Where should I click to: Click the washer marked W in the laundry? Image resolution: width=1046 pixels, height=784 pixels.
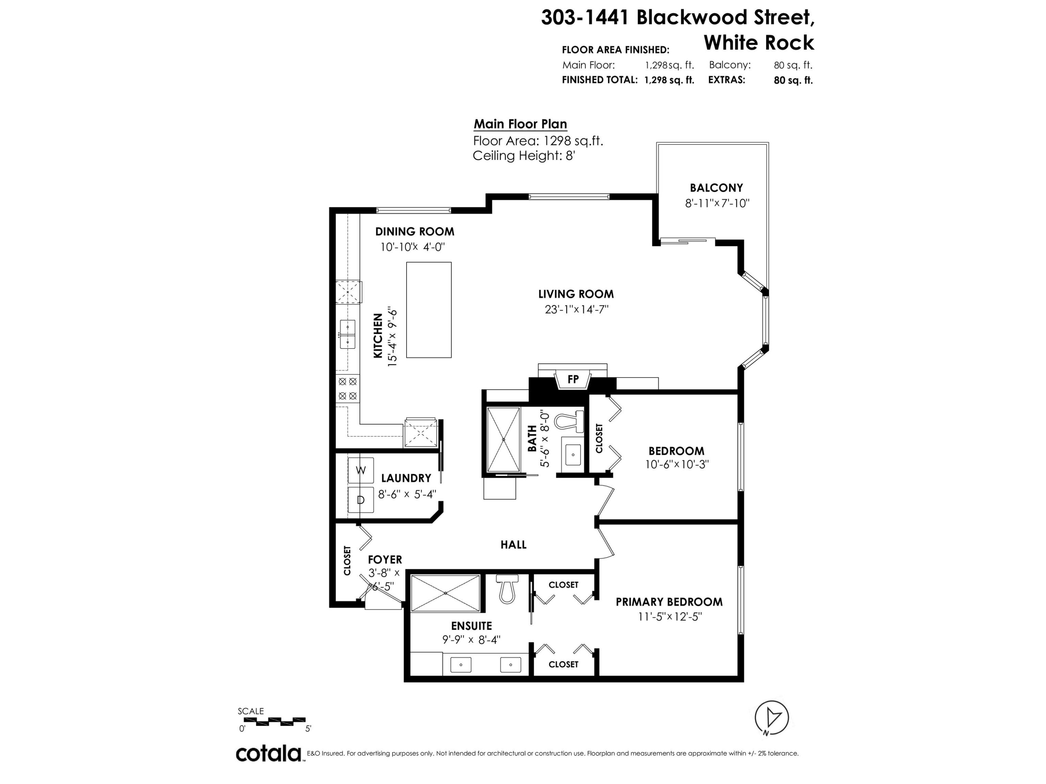coord(361,470)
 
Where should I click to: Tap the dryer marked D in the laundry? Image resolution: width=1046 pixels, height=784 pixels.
coord(361,500)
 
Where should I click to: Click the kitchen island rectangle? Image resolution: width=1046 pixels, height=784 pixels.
coord(429,310)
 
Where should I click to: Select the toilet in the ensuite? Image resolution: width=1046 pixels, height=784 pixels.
coord(507,589)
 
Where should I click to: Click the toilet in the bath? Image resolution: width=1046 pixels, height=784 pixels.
coord(568,421)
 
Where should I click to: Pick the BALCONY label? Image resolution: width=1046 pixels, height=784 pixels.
coord(717,187)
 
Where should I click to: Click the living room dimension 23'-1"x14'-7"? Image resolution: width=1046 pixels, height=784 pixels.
coord(576,309)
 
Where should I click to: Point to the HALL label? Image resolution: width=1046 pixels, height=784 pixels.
coord(514,544)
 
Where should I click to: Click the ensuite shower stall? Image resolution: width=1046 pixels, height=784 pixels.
coord(446,593)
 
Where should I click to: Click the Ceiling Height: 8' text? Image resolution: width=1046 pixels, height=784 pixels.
coord(523,155)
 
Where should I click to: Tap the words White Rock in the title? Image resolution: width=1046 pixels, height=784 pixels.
coord(759,43)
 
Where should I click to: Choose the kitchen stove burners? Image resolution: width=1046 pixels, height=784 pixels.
coord(348,389)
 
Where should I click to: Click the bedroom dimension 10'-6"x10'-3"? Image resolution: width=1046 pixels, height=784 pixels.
coord(677,464)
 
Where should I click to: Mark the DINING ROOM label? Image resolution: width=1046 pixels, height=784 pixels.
coord(415,232)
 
